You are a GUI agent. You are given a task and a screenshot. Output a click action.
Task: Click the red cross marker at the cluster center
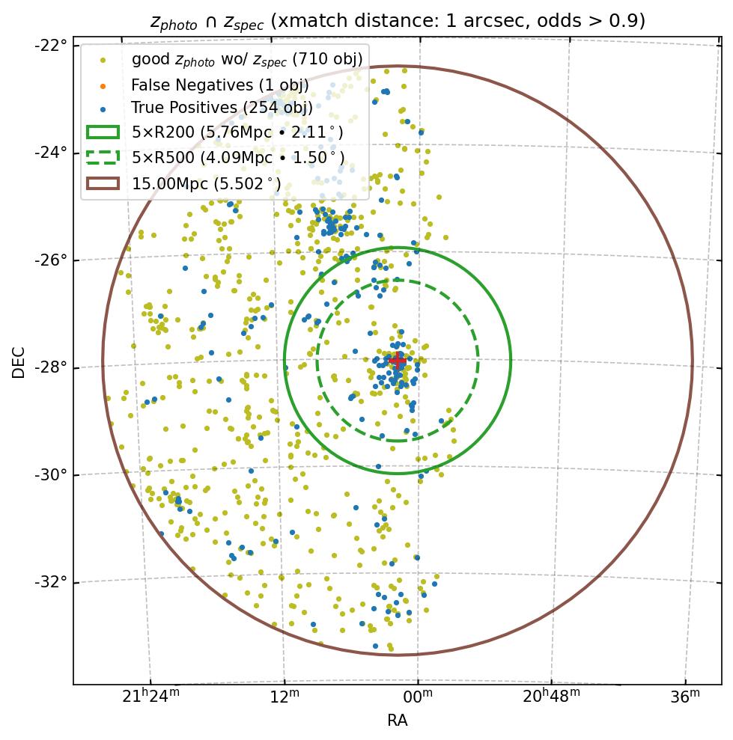(397, 360)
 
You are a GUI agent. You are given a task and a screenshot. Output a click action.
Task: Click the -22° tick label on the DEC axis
(51, 45)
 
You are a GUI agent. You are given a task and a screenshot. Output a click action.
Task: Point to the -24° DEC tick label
(51, 153)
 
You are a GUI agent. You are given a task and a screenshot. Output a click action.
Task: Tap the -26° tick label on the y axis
(51, 260)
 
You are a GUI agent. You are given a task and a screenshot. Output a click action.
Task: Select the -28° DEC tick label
(51, 367)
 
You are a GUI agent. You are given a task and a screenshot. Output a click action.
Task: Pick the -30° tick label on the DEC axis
(51, 475)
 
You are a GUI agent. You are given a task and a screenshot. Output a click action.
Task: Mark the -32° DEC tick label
(51, 582)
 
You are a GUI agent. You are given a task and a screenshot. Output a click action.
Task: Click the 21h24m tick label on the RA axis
(150, 697)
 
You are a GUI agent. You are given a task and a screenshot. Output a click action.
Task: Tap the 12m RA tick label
(285, 697)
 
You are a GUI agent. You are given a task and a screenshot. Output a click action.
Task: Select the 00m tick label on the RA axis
(418, 697)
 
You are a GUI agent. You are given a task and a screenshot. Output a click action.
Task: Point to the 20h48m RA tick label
(551, 697)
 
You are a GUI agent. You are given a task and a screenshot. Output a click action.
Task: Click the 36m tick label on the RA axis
(685, 697)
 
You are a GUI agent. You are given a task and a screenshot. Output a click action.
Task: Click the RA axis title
(397, 721)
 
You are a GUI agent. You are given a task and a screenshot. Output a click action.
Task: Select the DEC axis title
(19, 362)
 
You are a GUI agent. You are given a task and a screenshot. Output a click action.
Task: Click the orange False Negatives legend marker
(103, 85)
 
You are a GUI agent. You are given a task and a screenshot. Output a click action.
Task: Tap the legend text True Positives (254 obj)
(222, 108)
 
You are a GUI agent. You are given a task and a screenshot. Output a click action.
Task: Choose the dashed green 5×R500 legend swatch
(103, 157)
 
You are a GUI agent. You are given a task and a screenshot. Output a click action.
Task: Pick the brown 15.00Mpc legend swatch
(103, 183)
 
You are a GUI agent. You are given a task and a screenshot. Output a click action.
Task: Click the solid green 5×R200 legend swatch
(103, 132)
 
